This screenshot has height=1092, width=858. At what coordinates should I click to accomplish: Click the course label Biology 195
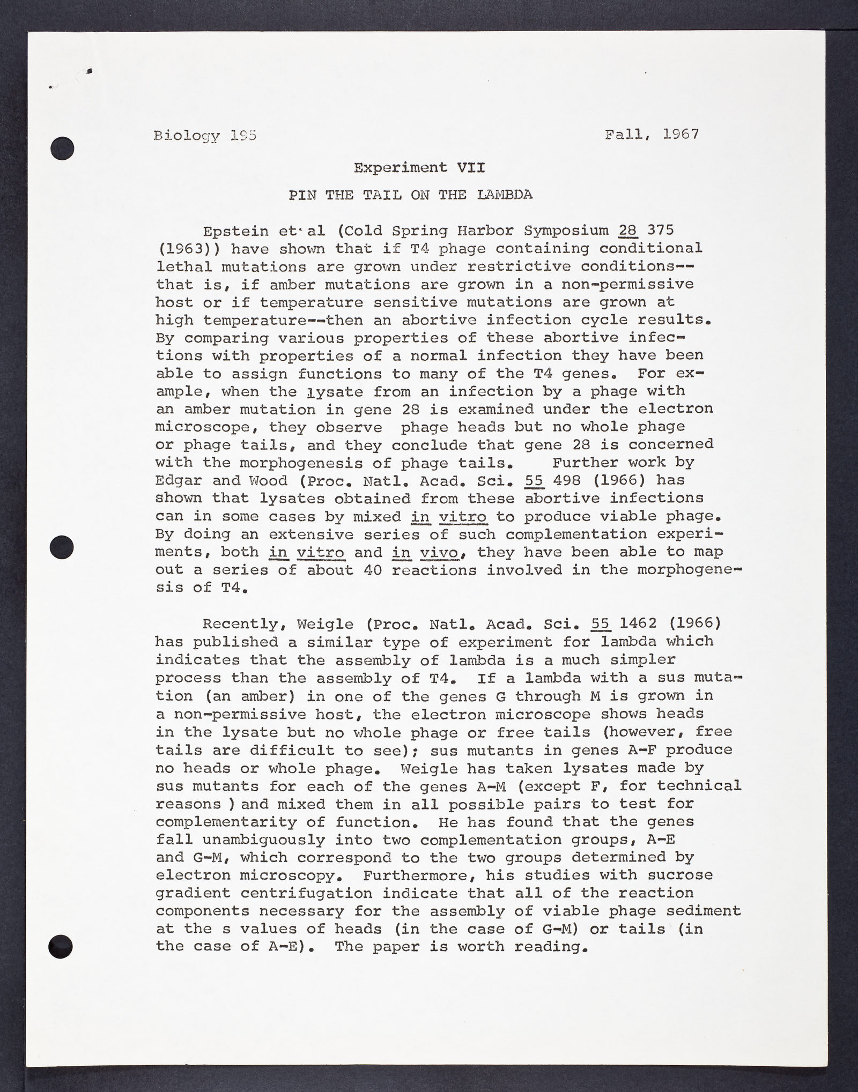pyautogui.click(x=205, y=136)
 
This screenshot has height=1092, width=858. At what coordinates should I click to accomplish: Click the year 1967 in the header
pyautogui.click(x=681, y=133)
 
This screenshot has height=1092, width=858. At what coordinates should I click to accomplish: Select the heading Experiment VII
pyautogui.click(x=419, y=167)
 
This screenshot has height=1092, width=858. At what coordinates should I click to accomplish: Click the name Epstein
pyautogui.click(x=236, y=231)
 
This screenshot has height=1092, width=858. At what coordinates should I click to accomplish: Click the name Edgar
pyautogui.click(x=179, y=480)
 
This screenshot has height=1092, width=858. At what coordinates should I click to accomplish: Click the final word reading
pyautogui.click(x=547, y=947)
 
